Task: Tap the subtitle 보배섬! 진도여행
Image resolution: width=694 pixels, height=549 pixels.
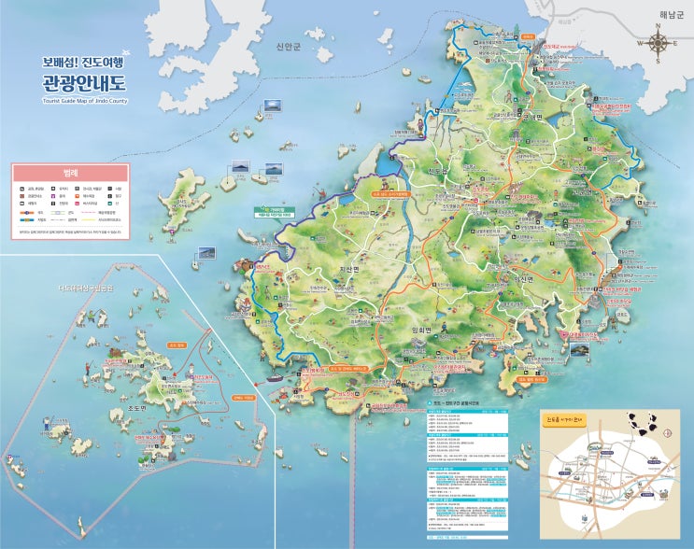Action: (82, 62)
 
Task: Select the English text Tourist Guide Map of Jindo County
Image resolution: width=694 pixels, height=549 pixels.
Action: (85, 101)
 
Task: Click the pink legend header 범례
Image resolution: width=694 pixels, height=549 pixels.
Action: (70, 173)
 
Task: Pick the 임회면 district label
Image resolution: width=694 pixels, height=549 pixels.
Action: (425, 330)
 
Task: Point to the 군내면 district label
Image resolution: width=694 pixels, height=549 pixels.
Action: (532, 117)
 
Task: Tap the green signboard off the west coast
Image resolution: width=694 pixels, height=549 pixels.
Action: (272, 211)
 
